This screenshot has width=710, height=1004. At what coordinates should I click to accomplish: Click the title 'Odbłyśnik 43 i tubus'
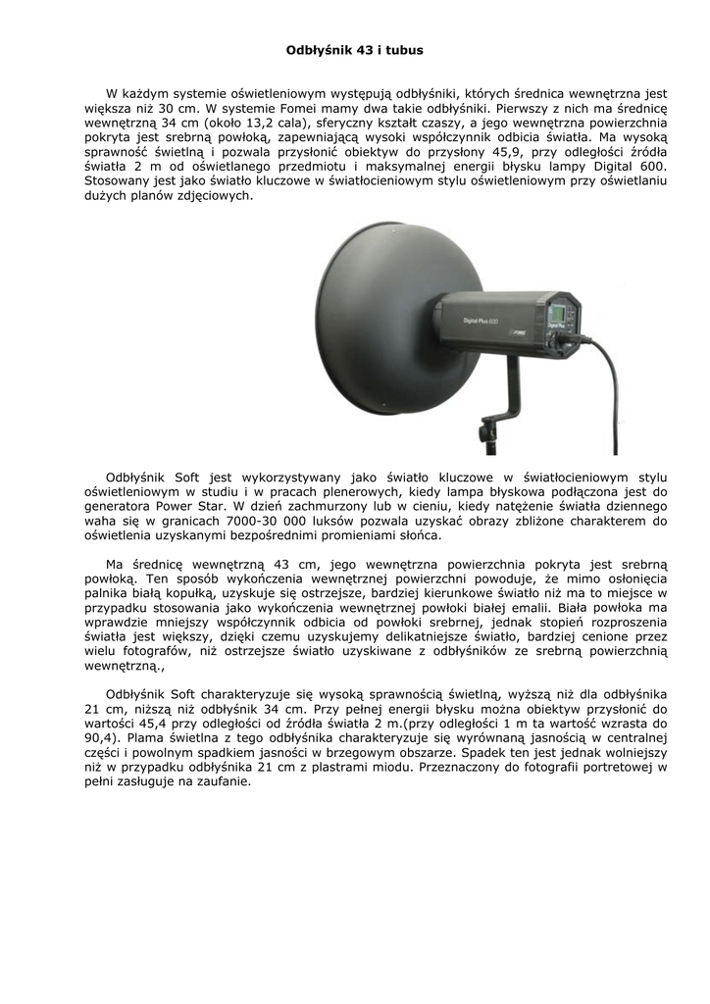pyautogui.click(x=354, y=48)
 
